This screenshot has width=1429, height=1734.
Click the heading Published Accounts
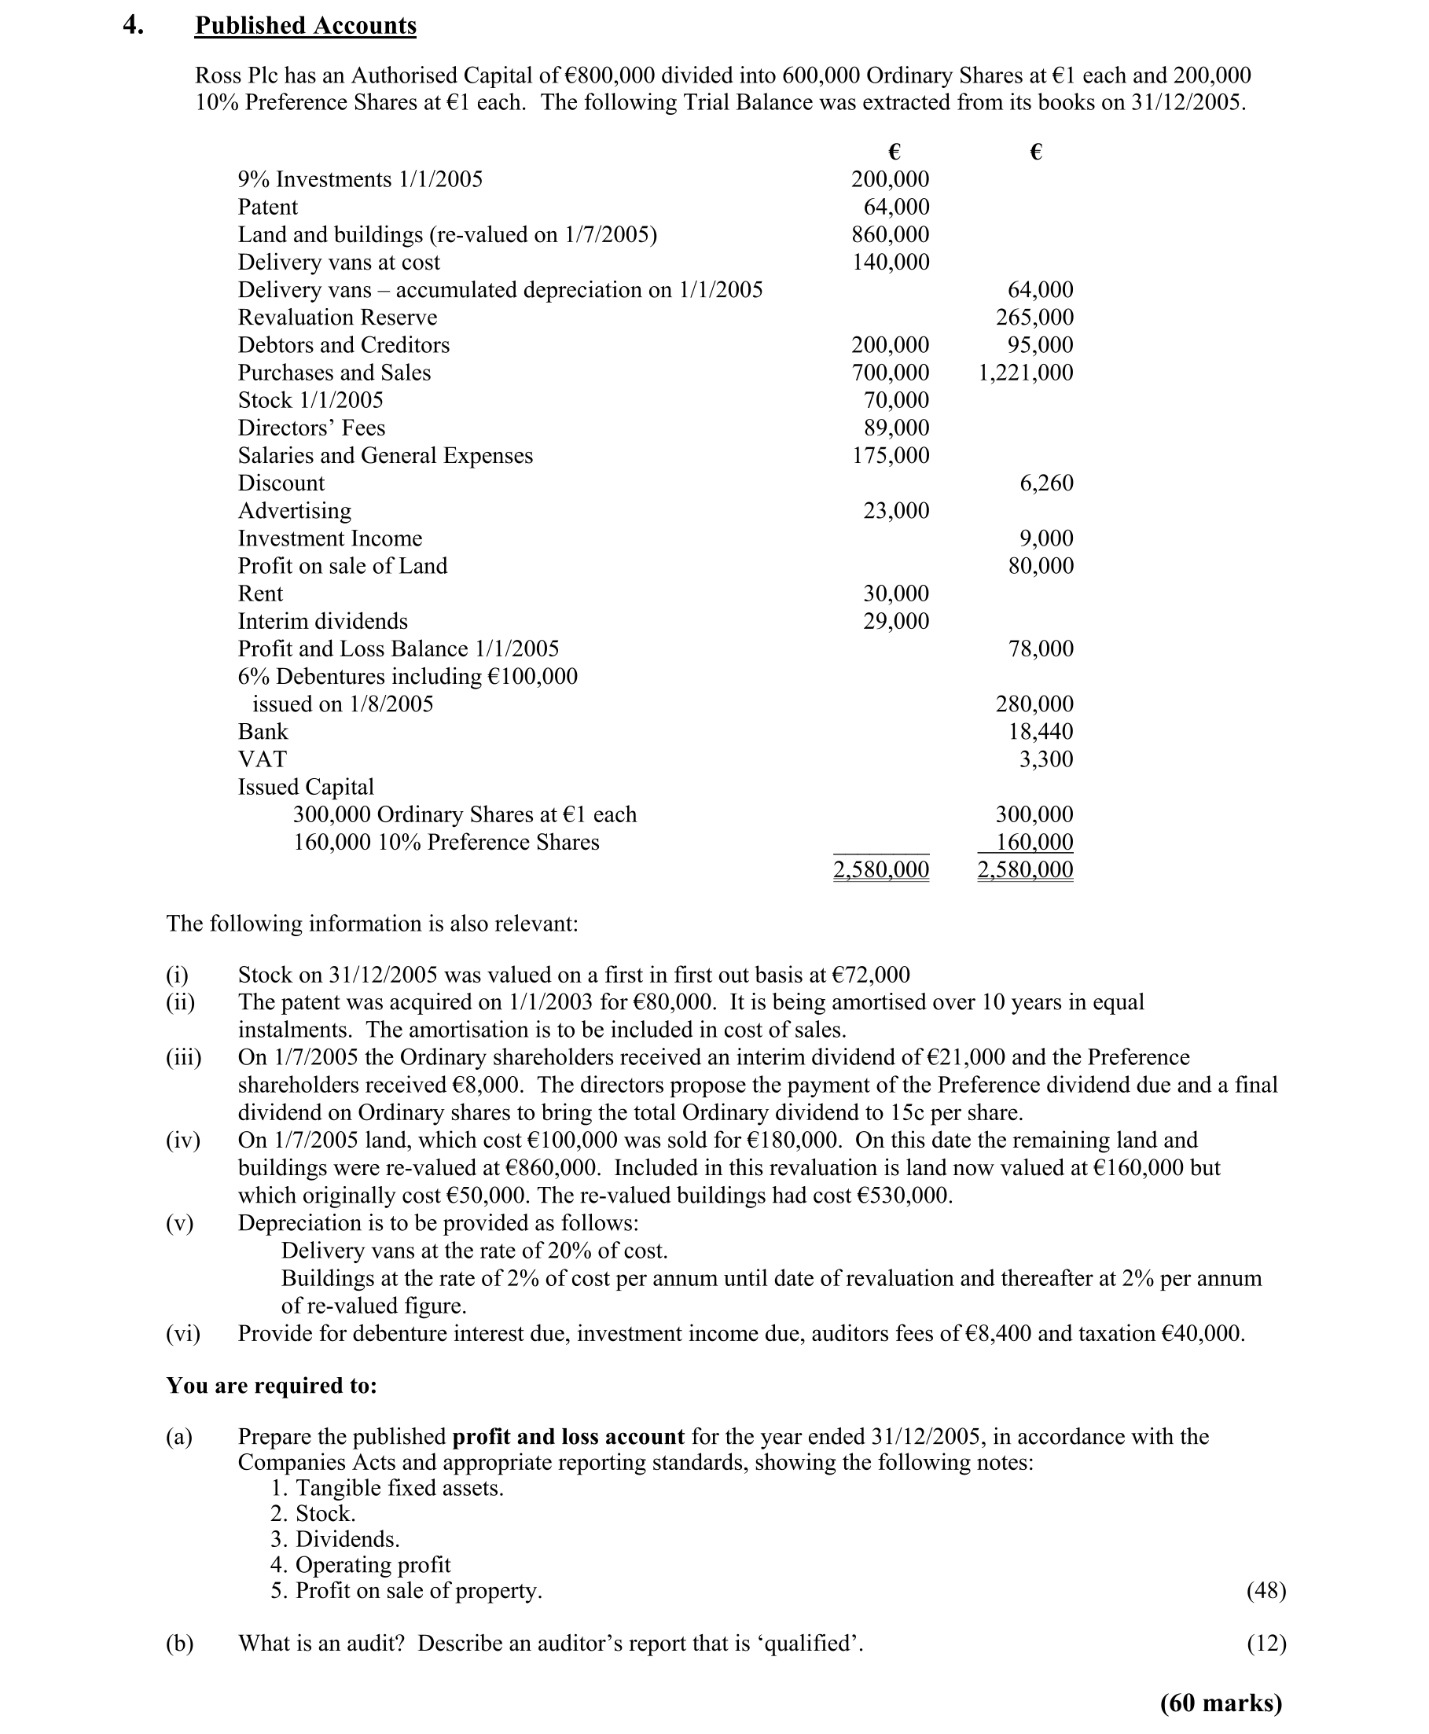point(306,27)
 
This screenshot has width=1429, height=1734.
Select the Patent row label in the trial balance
point(267,208)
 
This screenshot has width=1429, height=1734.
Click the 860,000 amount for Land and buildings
point(890,234)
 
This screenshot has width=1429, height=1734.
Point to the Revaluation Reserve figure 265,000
point(1034,318)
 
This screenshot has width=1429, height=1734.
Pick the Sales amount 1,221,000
point(1026,373)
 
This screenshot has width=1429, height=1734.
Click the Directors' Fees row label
point(311,428)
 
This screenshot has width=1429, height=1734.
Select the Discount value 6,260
point(1046,483)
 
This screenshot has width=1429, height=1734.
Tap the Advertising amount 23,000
point(895,511)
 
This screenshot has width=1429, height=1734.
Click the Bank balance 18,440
point(1041,732)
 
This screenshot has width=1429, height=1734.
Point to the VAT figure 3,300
point(1046,759)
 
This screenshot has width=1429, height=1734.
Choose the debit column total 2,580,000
point(881,870)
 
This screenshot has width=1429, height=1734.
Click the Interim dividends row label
point(323,621)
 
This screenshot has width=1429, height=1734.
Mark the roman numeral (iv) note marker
point(182,1141)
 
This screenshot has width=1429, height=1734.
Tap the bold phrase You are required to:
point(272,1386)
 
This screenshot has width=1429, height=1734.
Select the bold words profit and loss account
point(568,1437)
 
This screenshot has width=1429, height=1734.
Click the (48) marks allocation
point(1266,1591)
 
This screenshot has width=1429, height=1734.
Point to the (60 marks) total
point(1221,1703)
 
